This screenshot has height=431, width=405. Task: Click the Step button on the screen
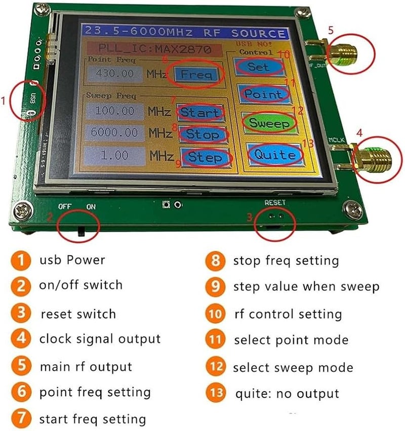pos(205,157)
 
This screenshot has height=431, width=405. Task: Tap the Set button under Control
pos(259,67)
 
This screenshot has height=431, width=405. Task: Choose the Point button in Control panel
pos(263,94)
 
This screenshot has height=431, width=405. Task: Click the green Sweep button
pos(268,123)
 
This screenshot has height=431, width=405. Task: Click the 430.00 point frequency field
pos(114,74)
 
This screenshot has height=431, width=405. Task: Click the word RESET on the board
pos(275,202)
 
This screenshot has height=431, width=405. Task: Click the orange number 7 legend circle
pos(20,419)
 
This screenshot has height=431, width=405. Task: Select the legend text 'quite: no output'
pos(287,393)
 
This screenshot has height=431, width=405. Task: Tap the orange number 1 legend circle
pos(20,261)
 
